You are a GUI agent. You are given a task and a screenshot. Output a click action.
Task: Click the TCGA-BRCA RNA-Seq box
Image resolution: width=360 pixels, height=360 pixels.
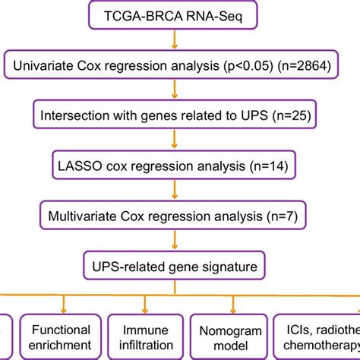click(180, 17)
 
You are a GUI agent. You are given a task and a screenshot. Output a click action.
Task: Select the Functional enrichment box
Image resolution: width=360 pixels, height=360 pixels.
click(61, 338)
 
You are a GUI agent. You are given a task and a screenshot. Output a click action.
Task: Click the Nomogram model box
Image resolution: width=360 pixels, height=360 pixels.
click(226, 338)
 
